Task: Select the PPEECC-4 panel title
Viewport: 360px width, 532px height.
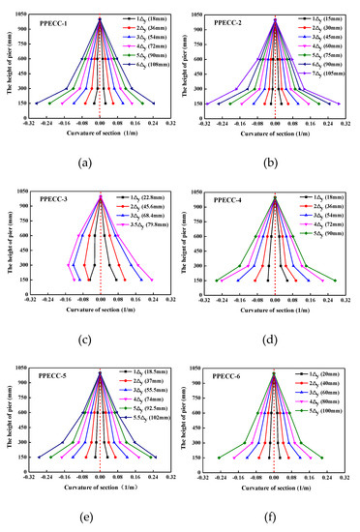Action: pos(224,198)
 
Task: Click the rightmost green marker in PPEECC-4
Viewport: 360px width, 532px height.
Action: pos(335,281)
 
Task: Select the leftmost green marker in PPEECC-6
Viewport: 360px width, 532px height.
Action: pos(219,458)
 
